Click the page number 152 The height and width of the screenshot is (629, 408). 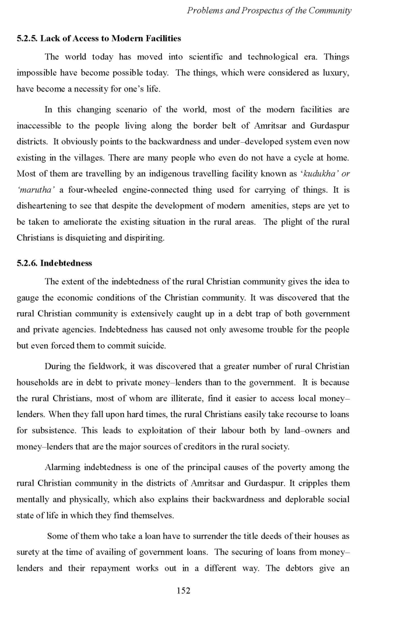(x=184, y=591)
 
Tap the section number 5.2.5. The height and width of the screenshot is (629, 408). (x=27, y=38)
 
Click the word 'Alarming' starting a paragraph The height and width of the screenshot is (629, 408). (x=62, y=467)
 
